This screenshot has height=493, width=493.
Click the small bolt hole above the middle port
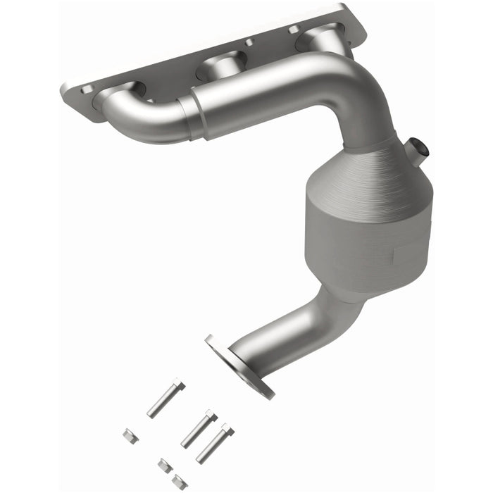click(x=249, y=43)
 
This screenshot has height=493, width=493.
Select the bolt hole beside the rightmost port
click(x=291, y=29)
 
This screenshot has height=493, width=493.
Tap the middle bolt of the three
click(x=198, y=429)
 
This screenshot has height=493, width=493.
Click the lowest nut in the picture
click(x=179, y=481)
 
